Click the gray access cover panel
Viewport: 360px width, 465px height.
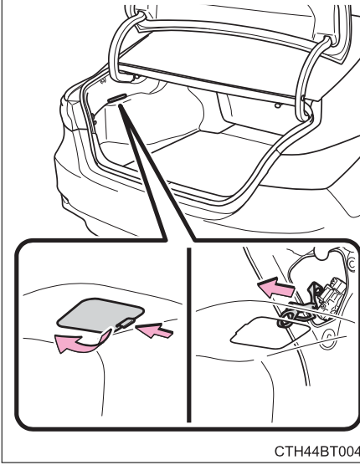point(100,314)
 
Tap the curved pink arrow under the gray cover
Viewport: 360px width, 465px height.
point(81,344)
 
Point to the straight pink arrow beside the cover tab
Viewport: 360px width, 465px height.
point(154,330)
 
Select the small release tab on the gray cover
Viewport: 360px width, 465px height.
point(127,324)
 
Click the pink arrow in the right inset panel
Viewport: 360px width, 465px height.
point(276,287)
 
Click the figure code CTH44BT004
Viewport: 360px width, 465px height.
point(317,451)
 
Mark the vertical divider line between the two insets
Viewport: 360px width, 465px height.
point(188,335)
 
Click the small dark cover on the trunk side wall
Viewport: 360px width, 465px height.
point(117,98)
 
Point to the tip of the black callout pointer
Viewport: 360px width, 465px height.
point(120,105)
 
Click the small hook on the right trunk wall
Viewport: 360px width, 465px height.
point(277,105)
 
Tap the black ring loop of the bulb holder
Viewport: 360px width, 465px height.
point(285,319)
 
